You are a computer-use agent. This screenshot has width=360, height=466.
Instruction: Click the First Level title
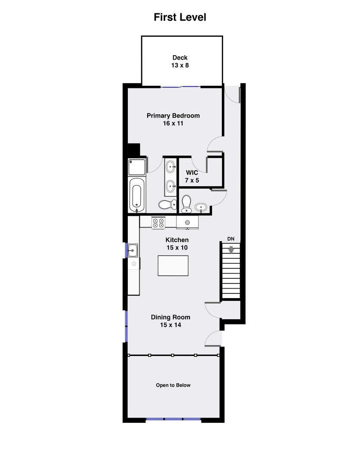180,17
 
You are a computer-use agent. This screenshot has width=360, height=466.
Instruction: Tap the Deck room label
180,58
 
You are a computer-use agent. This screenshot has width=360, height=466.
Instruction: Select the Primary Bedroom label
173,116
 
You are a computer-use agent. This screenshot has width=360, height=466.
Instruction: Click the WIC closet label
192,173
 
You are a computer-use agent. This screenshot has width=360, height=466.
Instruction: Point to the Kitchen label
177,240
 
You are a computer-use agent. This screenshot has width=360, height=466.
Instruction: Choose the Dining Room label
171,317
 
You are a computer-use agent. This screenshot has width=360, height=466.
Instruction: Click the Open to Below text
173,385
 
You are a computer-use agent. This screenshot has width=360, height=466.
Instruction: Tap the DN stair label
231,239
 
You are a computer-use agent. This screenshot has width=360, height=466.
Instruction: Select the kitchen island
173,266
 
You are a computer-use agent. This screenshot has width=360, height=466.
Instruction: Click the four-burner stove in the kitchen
158,223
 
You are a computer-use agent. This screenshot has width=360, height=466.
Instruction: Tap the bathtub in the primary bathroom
136,195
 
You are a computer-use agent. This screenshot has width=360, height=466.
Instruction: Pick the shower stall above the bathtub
137,167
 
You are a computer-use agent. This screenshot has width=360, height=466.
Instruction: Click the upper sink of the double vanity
171,167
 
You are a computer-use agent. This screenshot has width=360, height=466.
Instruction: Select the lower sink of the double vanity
171,186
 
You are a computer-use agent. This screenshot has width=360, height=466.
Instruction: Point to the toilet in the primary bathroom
167,205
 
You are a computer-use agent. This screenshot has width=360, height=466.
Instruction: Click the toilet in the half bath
186,204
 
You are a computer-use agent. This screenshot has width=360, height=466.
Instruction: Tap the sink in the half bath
201,207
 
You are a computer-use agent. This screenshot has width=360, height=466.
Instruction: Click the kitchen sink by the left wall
133,250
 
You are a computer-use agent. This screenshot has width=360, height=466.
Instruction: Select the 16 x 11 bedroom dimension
173,123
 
